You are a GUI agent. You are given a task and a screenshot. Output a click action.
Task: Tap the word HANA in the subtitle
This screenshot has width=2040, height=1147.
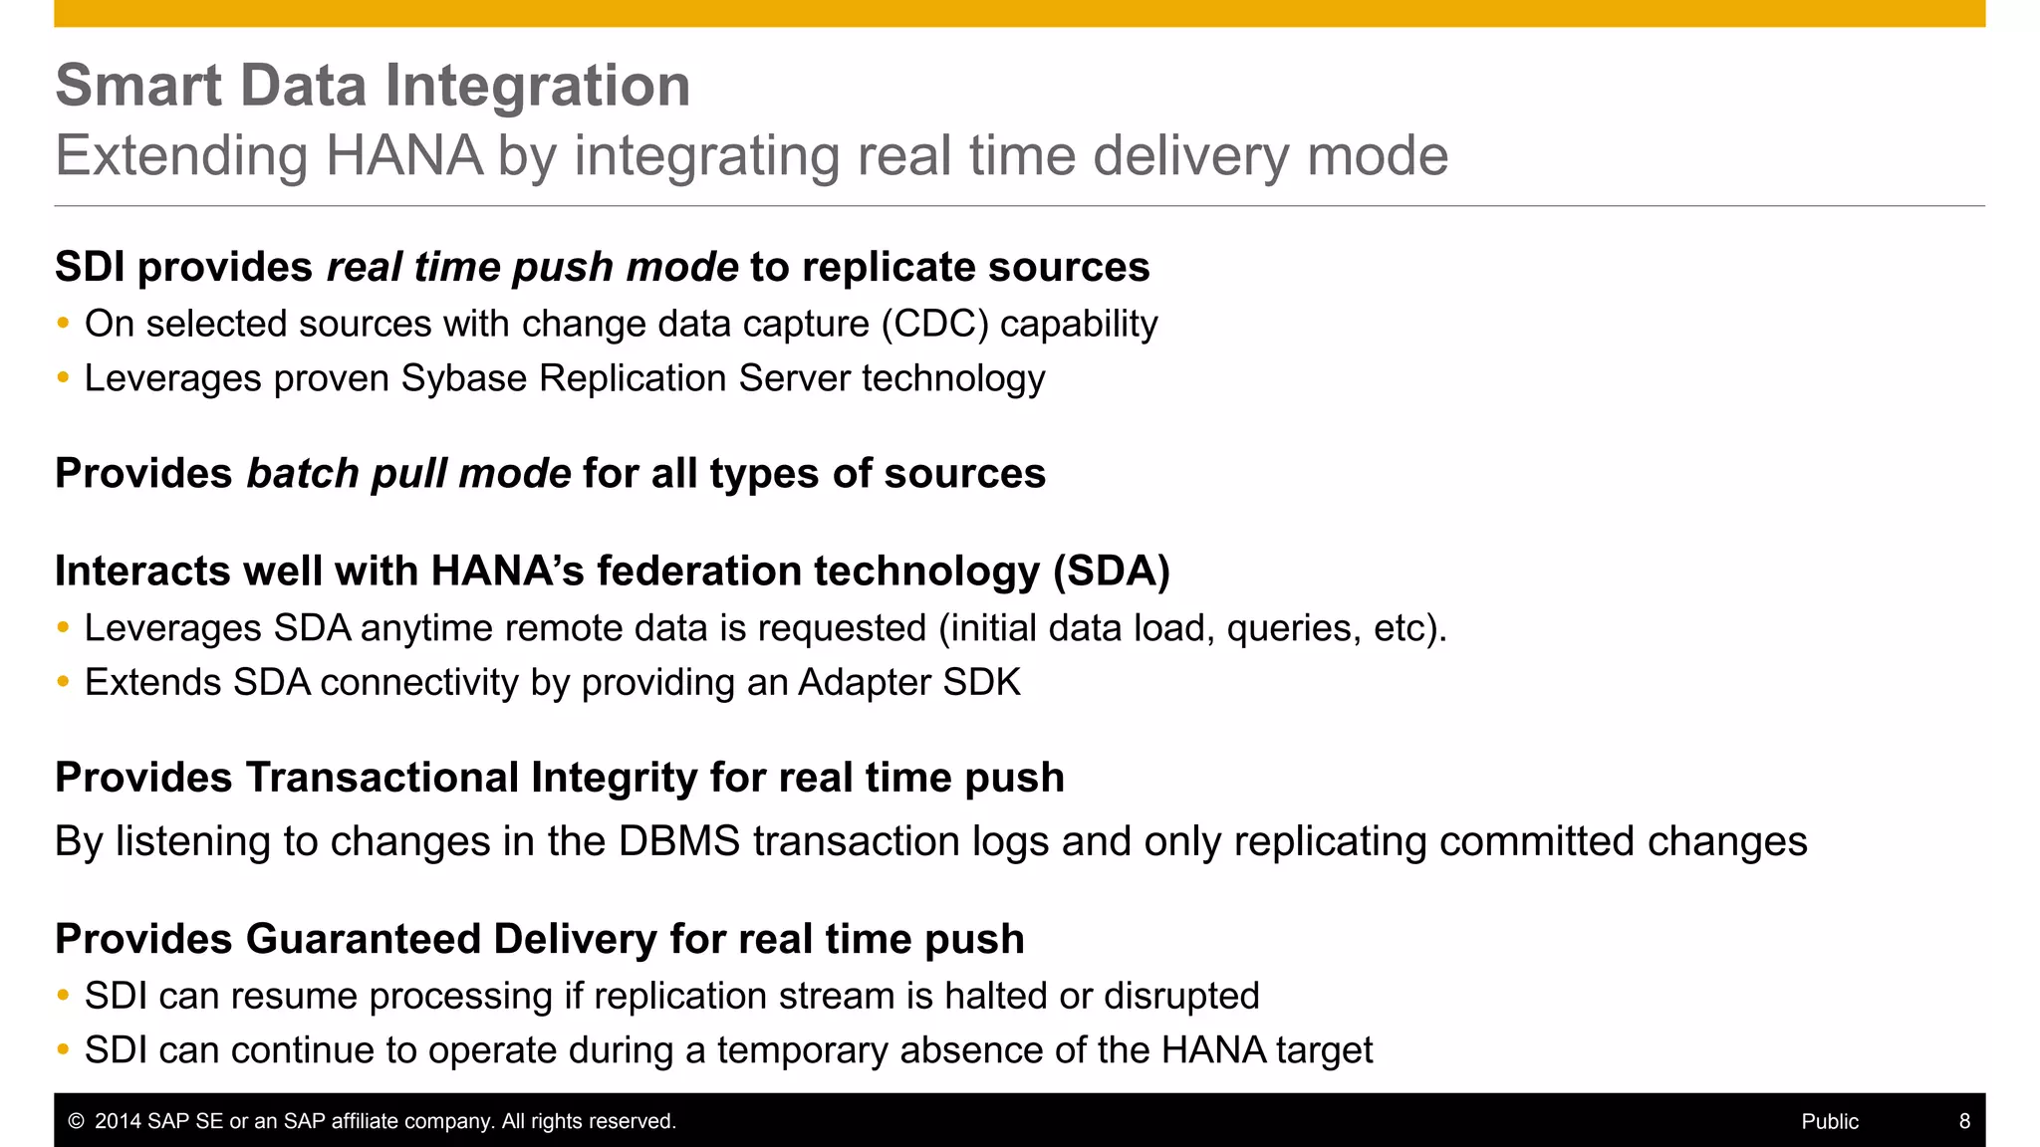click(x=403, y=156)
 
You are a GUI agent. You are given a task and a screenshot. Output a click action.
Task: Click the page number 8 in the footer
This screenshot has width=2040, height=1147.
click(x=1964, y=1121)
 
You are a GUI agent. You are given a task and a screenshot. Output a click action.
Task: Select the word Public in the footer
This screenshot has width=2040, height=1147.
click(x=1830, y=1121)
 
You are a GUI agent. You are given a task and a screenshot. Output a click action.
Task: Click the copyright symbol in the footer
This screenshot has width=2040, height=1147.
click(x=76, y=1121)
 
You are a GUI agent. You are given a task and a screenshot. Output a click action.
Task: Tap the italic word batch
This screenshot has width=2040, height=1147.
click(x=302, y=474)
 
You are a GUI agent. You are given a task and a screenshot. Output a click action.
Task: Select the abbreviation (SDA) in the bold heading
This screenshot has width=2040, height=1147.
click(x=1112, y=572)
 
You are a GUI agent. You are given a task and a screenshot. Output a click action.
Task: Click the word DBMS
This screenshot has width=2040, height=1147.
click(x=678, y=842)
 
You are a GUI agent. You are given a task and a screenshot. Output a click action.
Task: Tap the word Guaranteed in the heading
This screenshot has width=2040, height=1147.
click(x=363, y=939)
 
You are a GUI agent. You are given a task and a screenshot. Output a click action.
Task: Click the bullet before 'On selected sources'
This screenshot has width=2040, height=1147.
click(x=64, y=324)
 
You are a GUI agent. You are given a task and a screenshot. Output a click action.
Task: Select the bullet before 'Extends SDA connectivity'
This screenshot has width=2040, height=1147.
click(x=64, y=682)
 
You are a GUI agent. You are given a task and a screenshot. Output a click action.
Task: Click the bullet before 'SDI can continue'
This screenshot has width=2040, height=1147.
click(x=64, y=1049)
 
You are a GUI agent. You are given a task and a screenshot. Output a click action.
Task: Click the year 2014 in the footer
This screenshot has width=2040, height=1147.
click(x=118, y=1121)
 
